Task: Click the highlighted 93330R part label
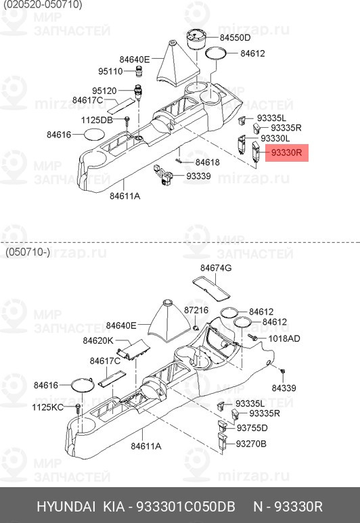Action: (287, 153)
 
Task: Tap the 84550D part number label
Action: (235, 38)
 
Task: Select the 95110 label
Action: (110, 71)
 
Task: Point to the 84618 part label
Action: (208, 162)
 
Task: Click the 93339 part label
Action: (198, 176)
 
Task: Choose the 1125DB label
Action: (97, 120)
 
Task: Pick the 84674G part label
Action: (216, 268)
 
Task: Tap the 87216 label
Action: (196, 310)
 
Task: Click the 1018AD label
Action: (284, 338)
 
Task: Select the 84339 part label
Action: (284, 388)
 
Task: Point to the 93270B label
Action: (251, 444)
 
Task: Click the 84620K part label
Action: (98, 340)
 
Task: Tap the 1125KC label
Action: (48, 407)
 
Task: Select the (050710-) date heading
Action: (27, 252)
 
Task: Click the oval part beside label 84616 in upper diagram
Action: (94, 134)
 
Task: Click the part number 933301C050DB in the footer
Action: (186, 506)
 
